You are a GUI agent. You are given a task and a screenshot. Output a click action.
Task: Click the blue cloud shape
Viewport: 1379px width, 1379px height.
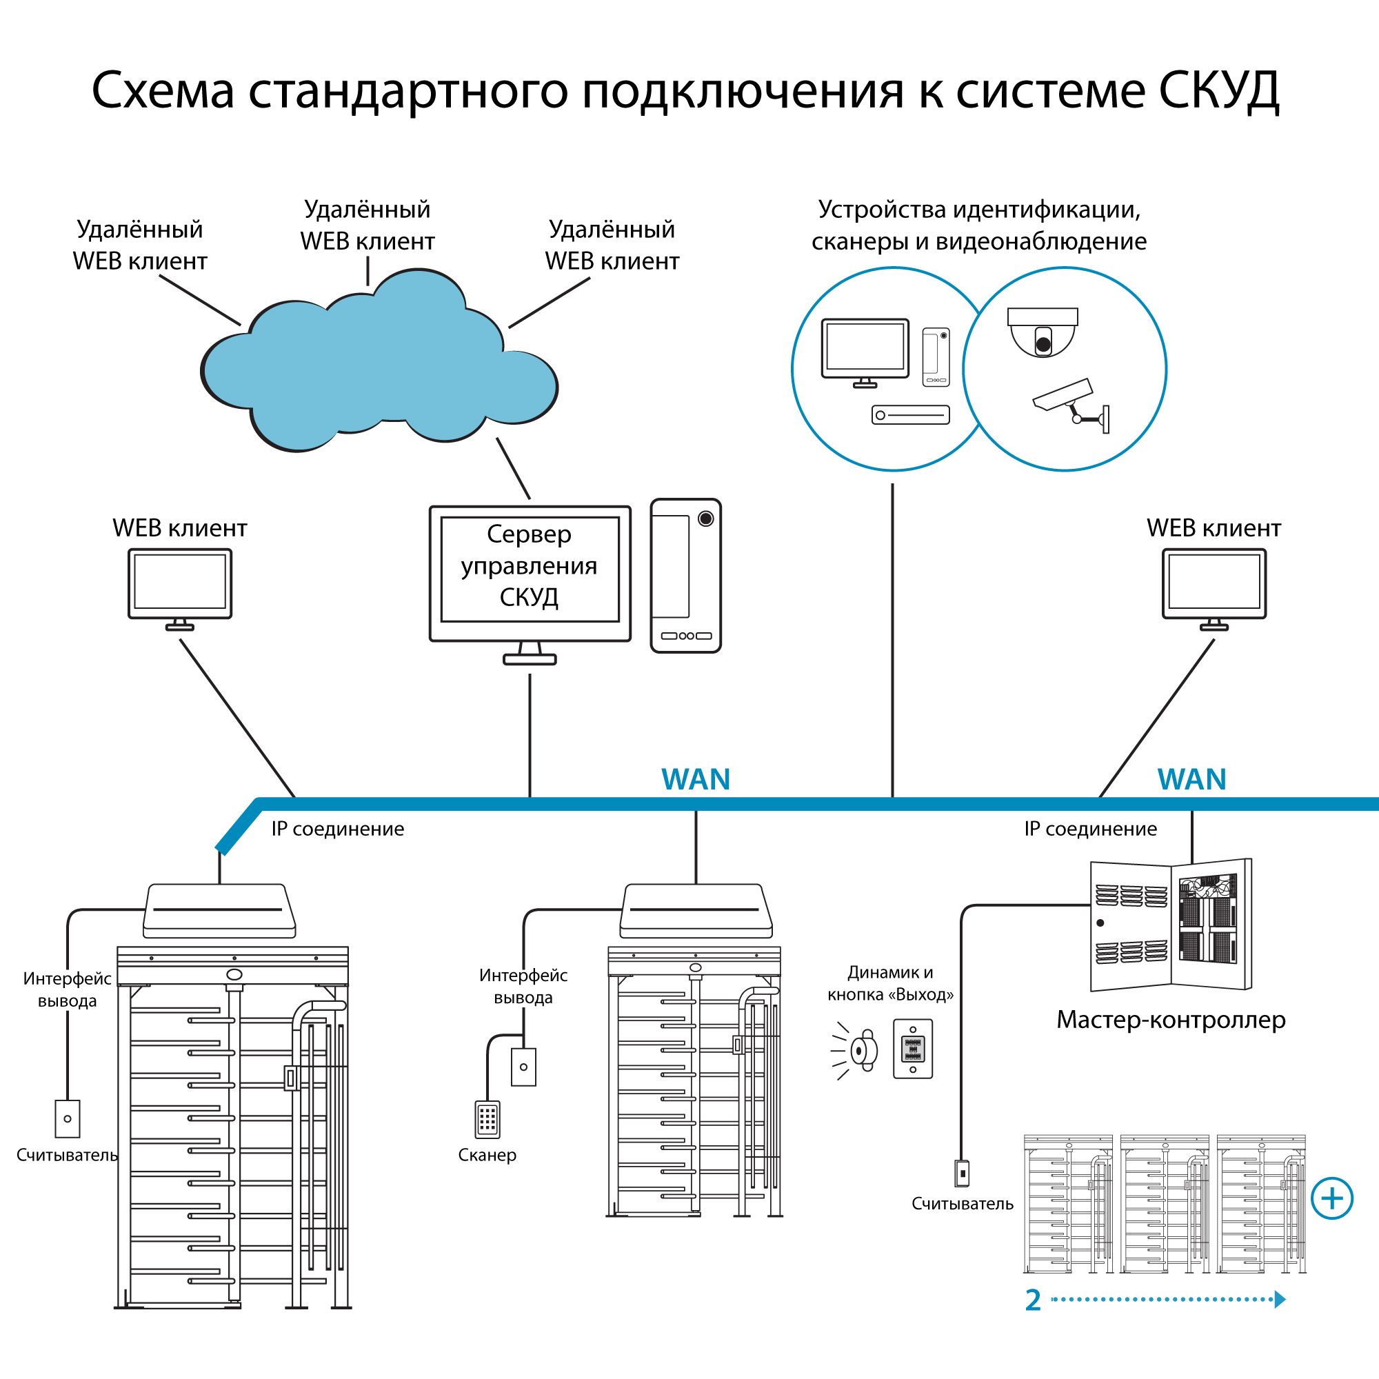[379, 371]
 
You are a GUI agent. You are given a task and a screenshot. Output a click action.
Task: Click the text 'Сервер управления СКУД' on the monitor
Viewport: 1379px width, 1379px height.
[529, 566]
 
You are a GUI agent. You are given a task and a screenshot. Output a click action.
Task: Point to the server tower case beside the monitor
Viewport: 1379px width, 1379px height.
[685, 575]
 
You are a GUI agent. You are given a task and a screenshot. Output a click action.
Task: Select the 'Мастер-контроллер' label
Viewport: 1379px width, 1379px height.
[1171, 1020]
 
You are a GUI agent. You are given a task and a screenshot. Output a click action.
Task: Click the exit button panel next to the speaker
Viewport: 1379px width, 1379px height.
[913, 1049]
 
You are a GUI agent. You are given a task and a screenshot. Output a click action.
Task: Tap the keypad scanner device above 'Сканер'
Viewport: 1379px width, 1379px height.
[487, 1119]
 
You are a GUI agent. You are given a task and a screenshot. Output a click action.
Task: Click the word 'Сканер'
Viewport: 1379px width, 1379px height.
[487, 1155]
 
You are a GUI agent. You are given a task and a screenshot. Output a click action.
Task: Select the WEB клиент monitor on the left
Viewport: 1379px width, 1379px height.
[180, 585]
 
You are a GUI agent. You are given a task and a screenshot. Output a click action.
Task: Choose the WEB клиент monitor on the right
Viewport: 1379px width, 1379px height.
[1214, 585]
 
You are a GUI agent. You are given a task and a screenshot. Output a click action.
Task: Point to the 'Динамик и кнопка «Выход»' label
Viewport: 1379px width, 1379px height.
[890, 983]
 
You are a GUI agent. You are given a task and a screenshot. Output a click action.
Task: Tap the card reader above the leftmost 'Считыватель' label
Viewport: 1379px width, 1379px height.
[68, 1118]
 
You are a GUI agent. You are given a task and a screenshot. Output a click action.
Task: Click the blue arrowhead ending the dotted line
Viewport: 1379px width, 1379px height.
[1280, 1299]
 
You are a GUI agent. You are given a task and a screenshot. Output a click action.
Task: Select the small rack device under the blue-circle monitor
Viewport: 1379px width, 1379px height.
[910, 414]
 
